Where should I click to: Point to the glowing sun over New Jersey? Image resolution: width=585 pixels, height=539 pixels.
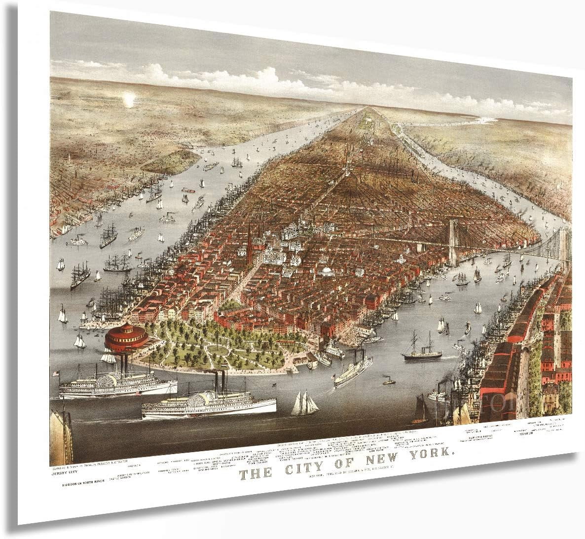point(129,100)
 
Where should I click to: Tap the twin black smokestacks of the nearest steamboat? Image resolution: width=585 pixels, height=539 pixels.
point(219,382)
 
